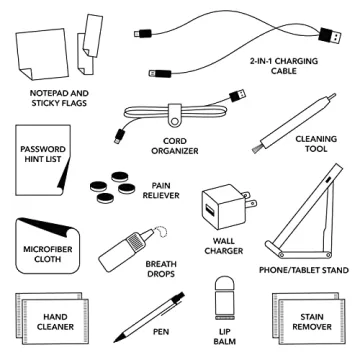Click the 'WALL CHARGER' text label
pyautogui.click(x=223, y=246)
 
